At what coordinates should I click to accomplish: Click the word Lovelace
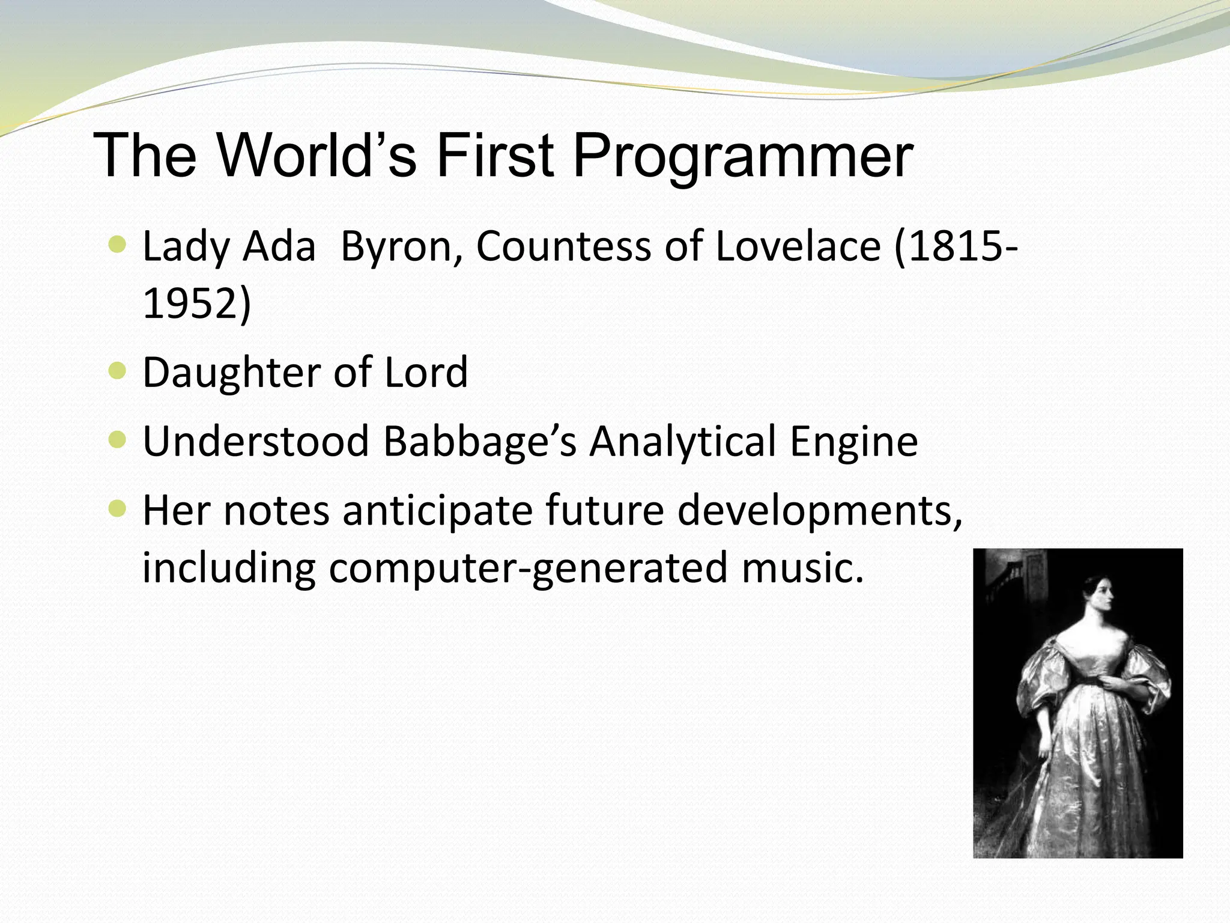pyautogui.click(x=798, y=246)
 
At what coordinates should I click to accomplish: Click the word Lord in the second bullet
pyautogui.click(x=426, y=373)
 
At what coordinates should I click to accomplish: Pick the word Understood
pyautogui.click(x=255, y=442)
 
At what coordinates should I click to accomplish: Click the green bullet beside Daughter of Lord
pyautogui.click(x=118, y=371)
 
